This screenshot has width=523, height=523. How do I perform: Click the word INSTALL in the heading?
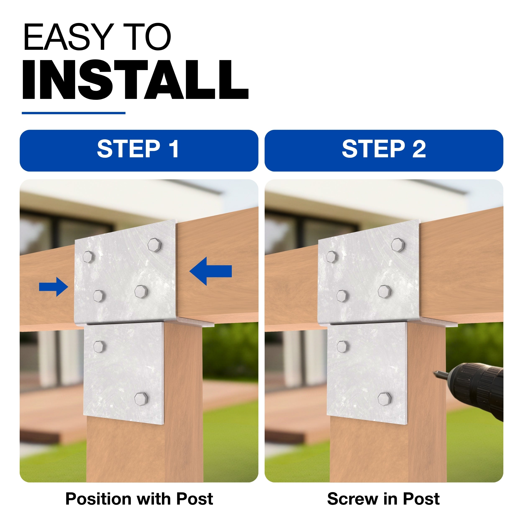point(135,80)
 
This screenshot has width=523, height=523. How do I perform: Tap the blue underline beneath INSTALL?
point(73,113)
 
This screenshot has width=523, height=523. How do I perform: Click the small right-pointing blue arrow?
point(54,287)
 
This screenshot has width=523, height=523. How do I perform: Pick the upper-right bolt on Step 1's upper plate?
point(155,245)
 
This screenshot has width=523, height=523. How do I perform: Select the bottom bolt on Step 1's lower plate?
point(141,399)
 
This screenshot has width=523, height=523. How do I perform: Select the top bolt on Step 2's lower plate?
point(342,346)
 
